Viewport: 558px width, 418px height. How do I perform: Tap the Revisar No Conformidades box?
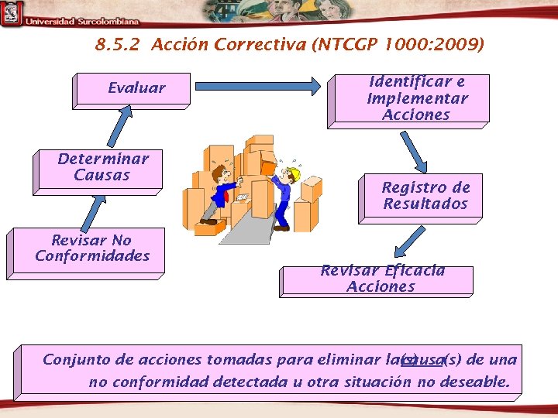(88, 251)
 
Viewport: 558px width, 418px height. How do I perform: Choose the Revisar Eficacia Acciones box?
(379, 279)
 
